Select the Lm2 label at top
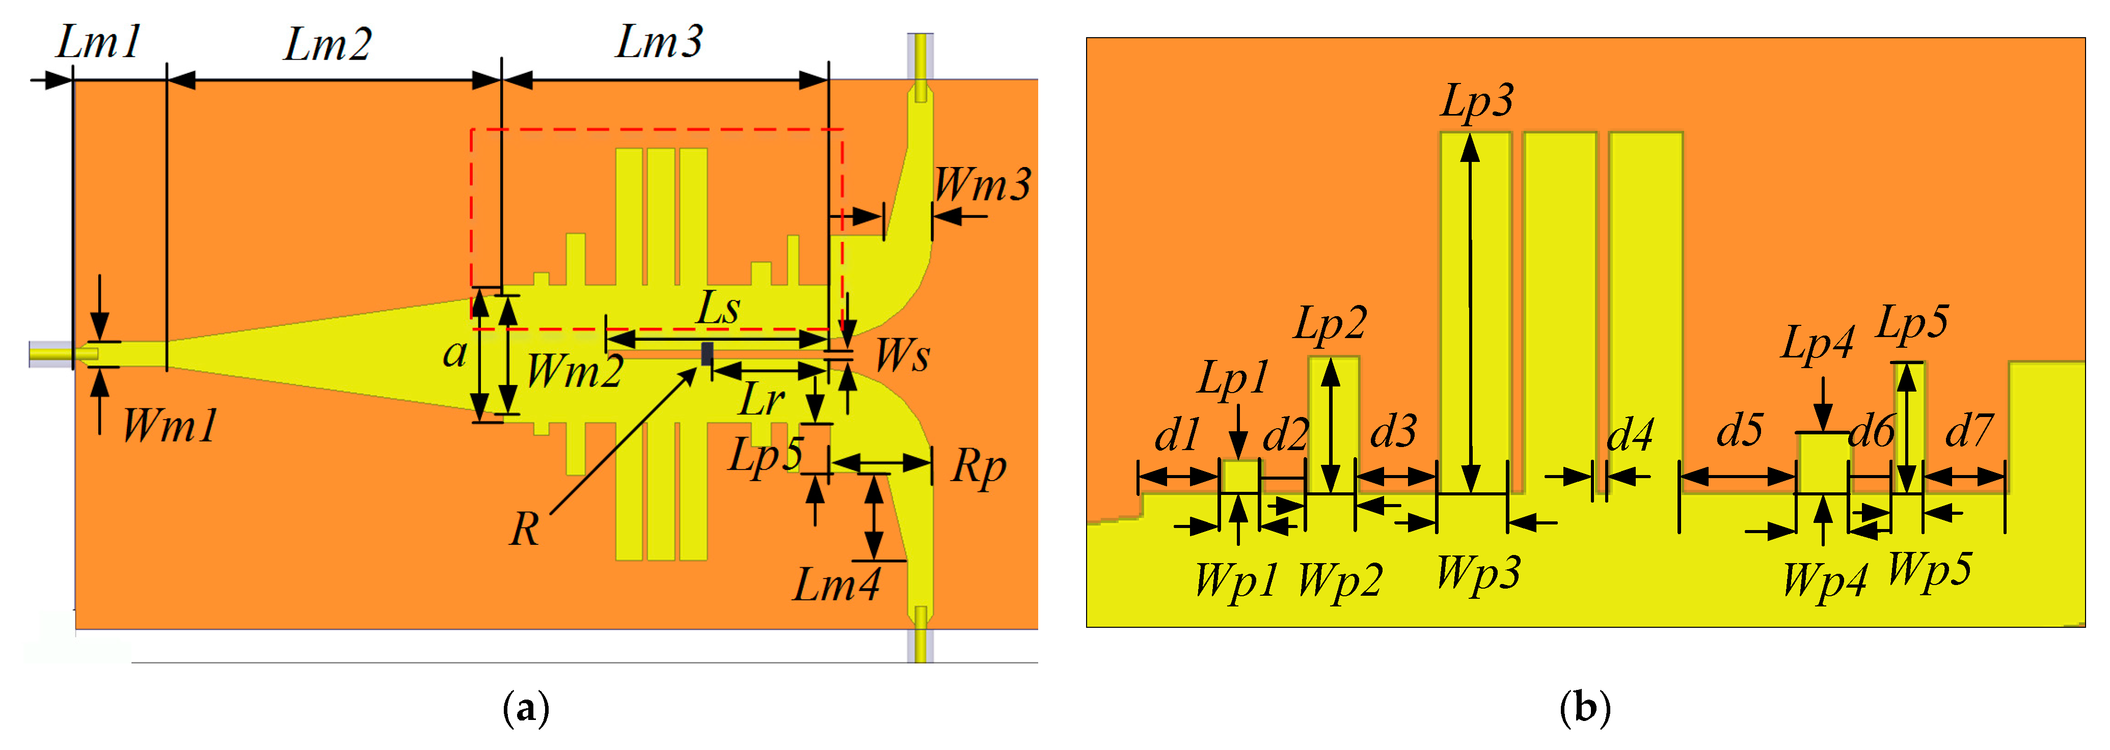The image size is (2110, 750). tap(328, 44)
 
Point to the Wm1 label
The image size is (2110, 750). tap(170, 426)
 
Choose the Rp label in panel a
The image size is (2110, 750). tap(979, 467)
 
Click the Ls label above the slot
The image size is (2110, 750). tap(718, 309)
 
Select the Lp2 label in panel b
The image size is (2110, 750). tap(1330, 323)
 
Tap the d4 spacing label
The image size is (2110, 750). tap(1630, 434)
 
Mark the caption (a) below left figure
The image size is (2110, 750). tap(526, 707)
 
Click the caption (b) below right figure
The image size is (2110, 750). tap(1585, 707)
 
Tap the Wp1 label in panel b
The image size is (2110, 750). tap(1236, 580)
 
